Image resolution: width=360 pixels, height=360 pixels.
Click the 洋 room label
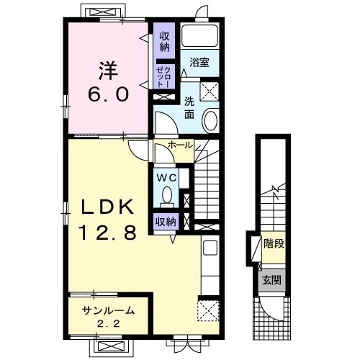[108, 71]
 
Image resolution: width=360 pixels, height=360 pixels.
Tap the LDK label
[108, 207]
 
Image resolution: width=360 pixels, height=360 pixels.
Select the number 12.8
[108, 233]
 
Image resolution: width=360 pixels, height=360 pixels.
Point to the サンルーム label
[108, 311]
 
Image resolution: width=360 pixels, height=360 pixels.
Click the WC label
[166, 178]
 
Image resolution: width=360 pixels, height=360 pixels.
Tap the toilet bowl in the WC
[167, 194]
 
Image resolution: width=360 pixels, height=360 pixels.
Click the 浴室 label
[199, 63]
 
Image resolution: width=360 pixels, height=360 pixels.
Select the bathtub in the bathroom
[199, 36]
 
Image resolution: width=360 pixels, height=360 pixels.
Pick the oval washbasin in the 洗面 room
[211, 120]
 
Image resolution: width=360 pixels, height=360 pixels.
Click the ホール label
[181, 145]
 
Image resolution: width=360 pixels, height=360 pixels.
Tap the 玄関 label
[271, 280]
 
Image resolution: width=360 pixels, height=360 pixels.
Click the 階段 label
[274, 244]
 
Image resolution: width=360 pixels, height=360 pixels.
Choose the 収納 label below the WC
[166, 222]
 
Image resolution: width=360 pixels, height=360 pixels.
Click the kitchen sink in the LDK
[210, 248]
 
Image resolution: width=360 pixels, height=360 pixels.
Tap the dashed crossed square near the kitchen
[208, 310]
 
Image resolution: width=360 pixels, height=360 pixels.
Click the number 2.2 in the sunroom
[108, 324]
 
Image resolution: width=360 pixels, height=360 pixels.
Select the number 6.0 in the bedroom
[108, 94]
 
